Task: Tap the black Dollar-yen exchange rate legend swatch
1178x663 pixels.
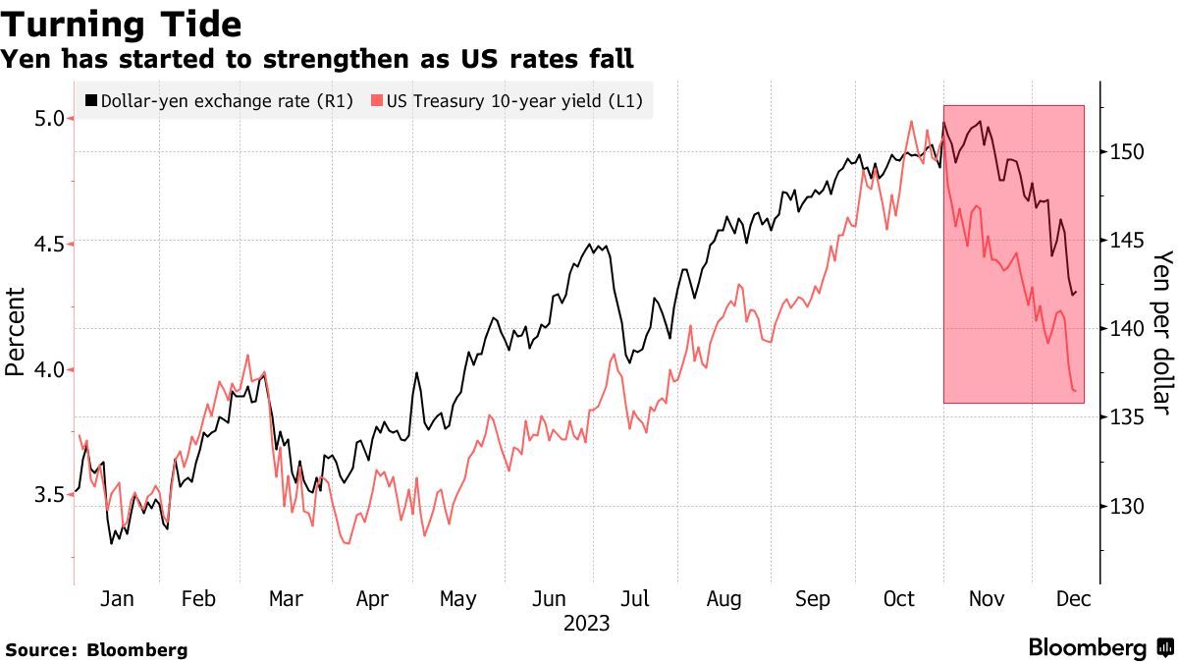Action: (92, 100)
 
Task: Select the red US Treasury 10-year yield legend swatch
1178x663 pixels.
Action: (378, 100)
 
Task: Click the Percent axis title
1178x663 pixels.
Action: (15, 331)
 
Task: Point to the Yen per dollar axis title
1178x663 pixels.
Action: (1162, 332)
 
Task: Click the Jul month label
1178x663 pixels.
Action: (635, 599)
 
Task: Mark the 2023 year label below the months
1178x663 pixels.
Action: (587, 624)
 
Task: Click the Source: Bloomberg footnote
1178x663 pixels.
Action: (96, 649)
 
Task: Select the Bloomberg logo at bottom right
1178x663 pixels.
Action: (1099, 647)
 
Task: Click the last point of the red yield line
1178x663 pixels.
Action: (1076, 391)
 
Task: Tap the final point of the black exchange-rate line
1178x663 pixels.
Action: (1076, 292)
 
